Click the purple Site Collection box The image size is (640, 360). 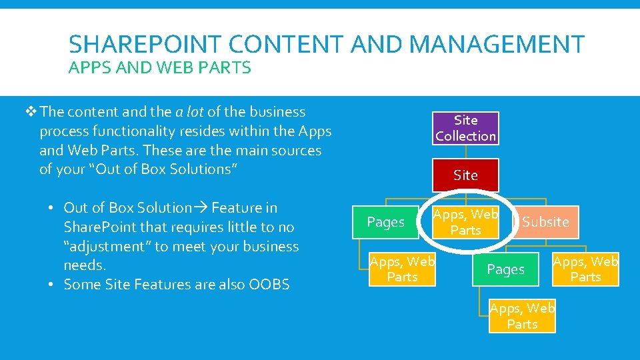point(465,128)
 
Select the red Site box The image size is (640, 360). point(465,175)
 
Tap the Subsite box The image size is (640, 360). point(545,222)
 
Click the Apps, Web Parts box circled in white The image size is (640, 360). point(465,222)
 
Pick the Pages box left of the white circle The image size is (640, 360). point(386,222)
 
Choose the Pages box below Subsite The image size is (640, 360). point(506,270)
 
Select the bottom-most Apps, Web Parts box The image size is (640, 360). point(522,316)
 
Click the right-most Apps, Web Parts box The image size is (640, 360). point(586,269)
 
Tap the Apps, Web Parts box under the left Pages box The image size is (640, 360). point(403,269)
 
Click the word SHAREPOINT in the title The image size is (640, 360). point(140,45)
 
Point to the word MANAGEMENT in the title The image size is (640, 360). point(497,45)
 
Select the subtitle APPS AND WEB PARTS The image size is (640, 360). point(160,67)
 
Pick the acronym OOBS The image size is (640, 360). point(269,285)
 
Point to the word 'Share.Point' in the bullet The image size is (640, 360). point(101,227)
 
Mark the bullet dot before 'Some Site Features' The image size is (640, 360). point(51,285)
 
